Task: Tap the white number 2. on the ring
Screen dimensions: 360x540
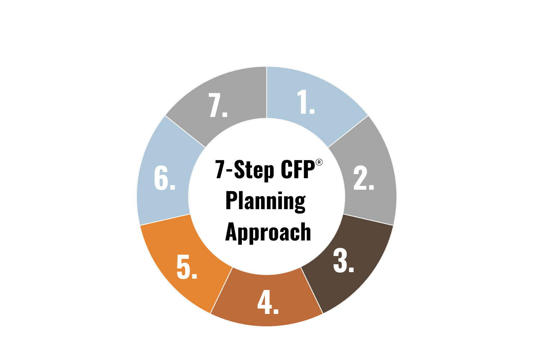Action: pyautogui.click(x=363, y=179)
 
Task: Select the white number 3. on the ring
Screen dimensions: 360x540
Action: pyautogui.click(x=343, y=261)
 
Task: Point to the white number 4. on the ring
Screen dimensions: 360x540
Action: pyautogui.click(x=268, y=303)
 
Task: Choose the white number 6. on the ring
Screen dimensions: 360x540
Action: pyautogui.click(x=164, y=178)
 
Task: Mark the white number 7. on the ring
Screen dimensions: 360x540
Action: pyautogui.click(x=218, y=106)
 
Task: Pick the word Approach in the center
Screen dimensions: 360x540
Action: pyautogui.click(x=268, y=232)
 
